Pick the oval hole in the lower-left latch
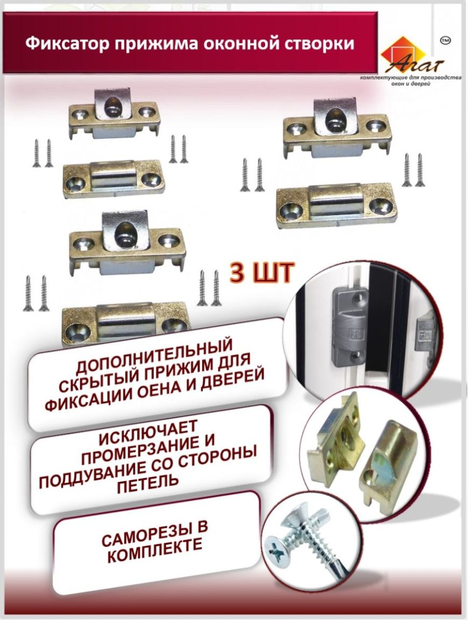(x=123, y=231)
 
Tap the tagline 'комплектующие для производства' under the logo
(x=411, y=78)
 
